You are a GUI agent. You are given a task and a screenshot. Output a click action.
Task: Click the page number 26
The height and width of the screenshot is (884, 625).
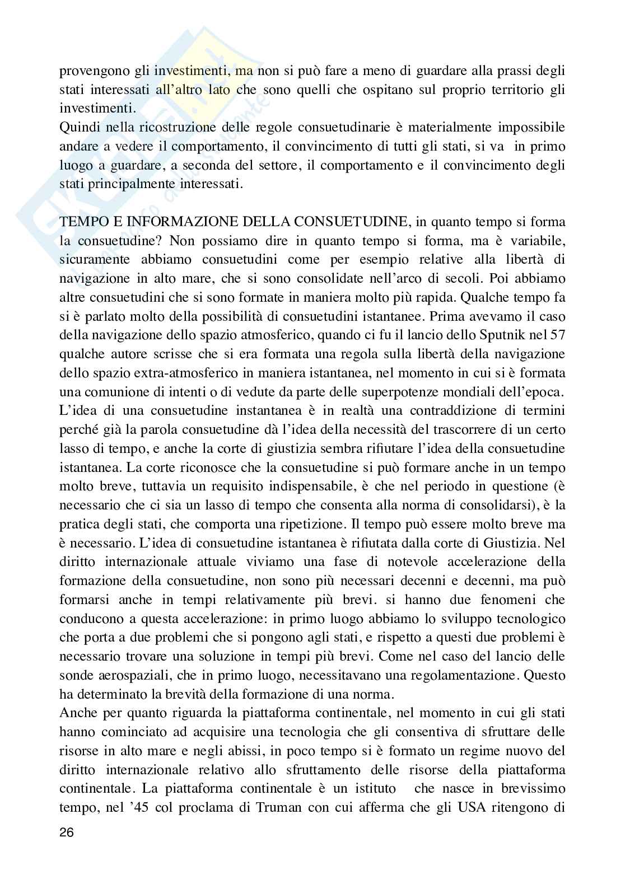tap(67, 832)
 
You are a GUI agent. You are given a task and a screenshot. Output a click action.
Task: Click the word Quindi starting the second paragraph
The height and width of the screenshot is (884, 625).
tap(76, 128)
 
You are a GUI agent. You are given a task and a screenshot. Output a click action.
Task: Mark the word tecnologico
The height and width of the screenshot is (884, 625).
tap(526, 619)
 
